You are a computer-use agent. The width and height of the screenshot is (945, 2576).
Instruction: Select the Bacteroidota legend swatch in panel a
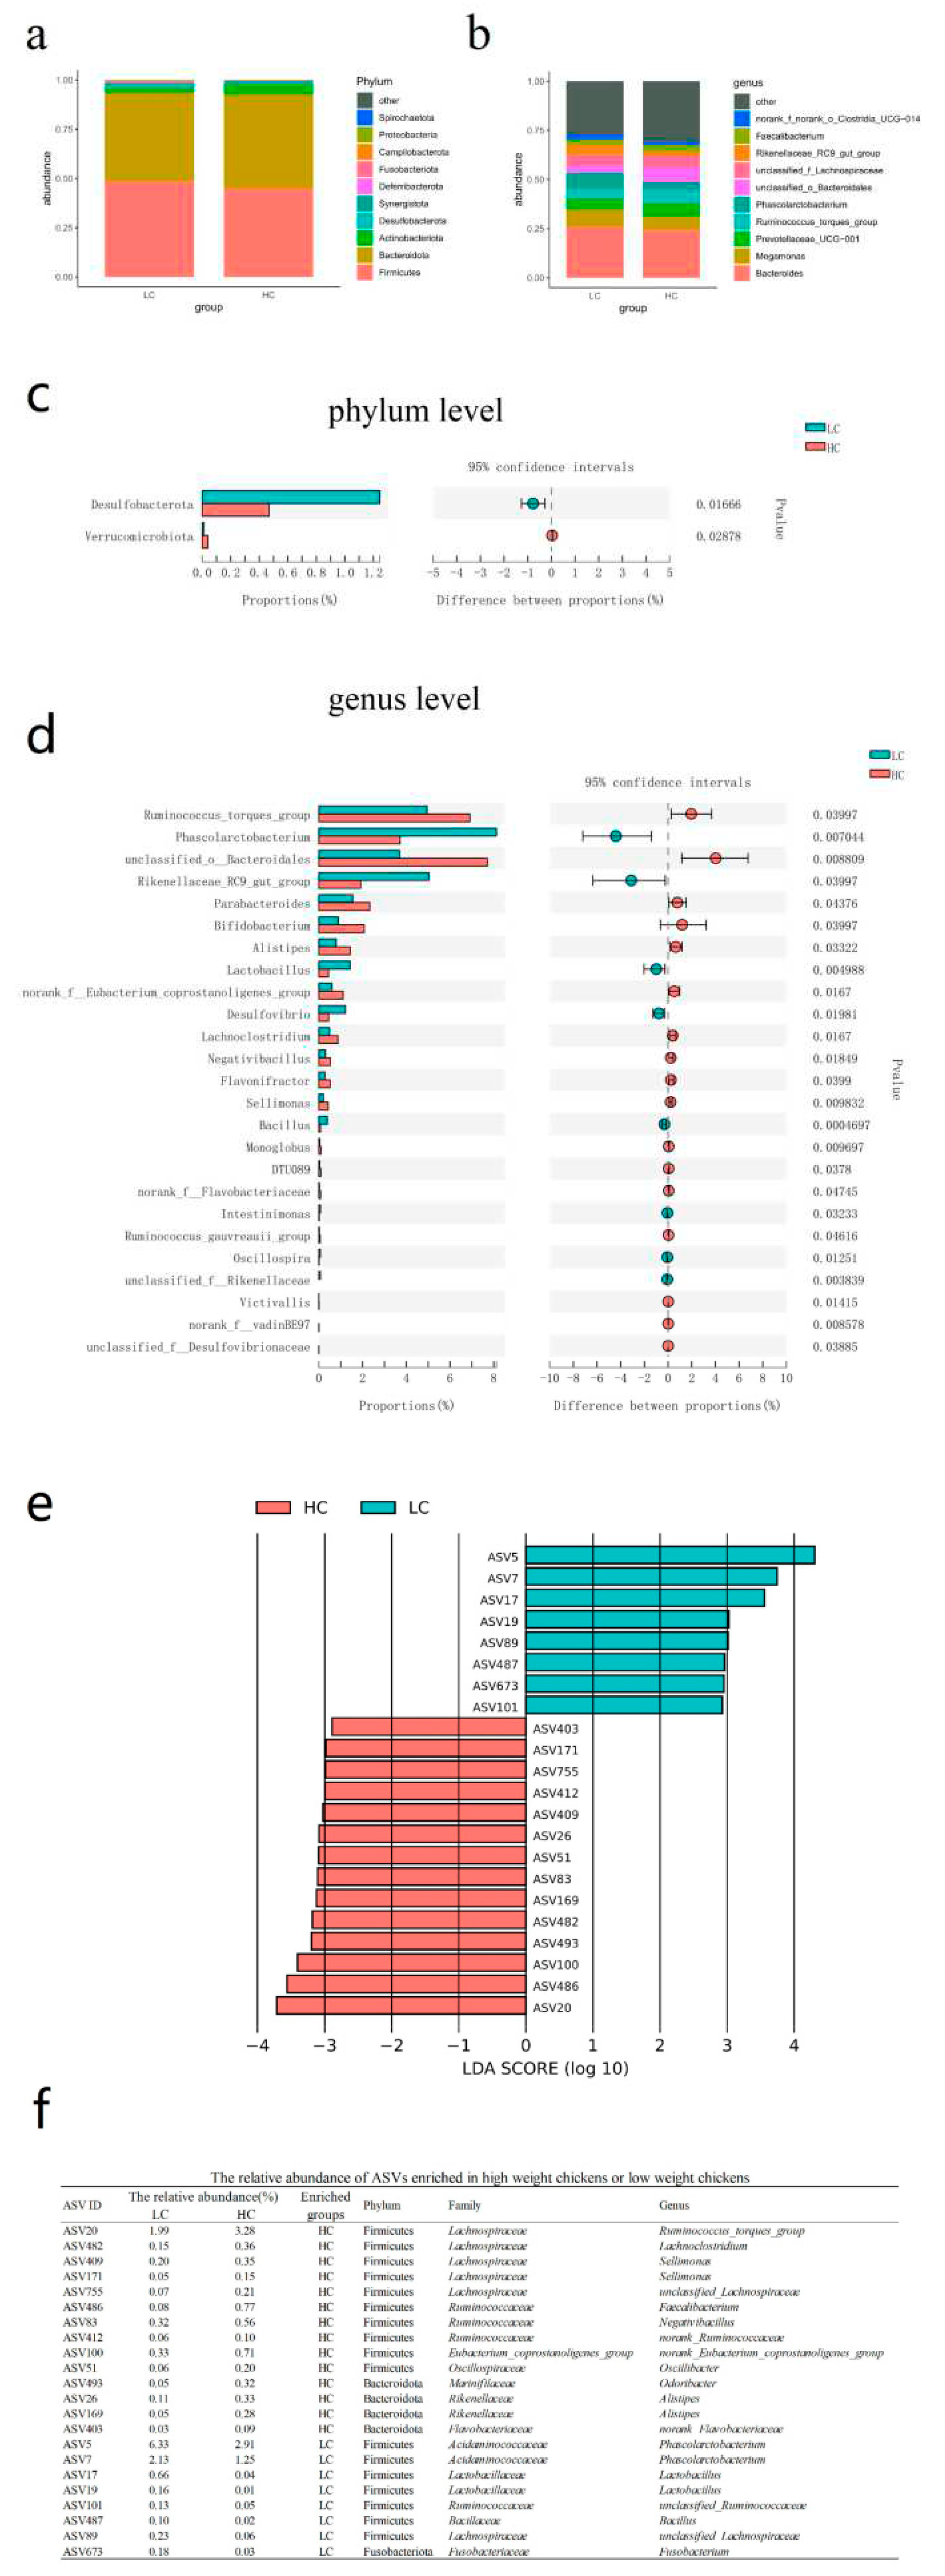[365, 255]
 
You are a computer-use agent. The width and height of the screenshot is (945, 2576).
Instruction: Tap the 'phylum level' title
[415, 411]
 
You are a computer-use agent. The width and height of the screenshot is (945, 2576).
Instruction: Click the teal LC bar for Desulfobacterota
[290, 497]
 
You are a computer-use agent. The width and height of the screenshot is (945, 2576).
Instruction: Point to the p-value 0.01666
[718, 505]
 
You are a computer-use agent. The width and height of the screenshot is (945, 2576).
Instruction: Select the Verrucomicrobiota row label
[139, 537]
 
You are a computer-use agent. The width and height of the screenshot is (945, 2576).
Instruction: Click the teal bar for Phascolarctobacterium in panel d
[407, 832]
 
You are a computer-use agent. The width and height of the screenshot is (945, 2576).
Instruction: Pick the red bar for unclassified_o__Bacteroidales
[403, 862]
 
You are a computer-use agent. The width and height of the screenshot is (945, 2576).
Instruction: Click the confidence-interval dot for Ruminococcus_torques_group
[691, 814]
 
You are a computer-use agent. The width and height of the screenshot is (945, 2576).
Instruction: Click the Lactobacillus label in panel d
[268, 970]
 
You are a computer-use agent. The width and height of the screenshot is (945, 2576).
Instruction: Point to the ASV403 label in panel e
[555, 1728]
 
